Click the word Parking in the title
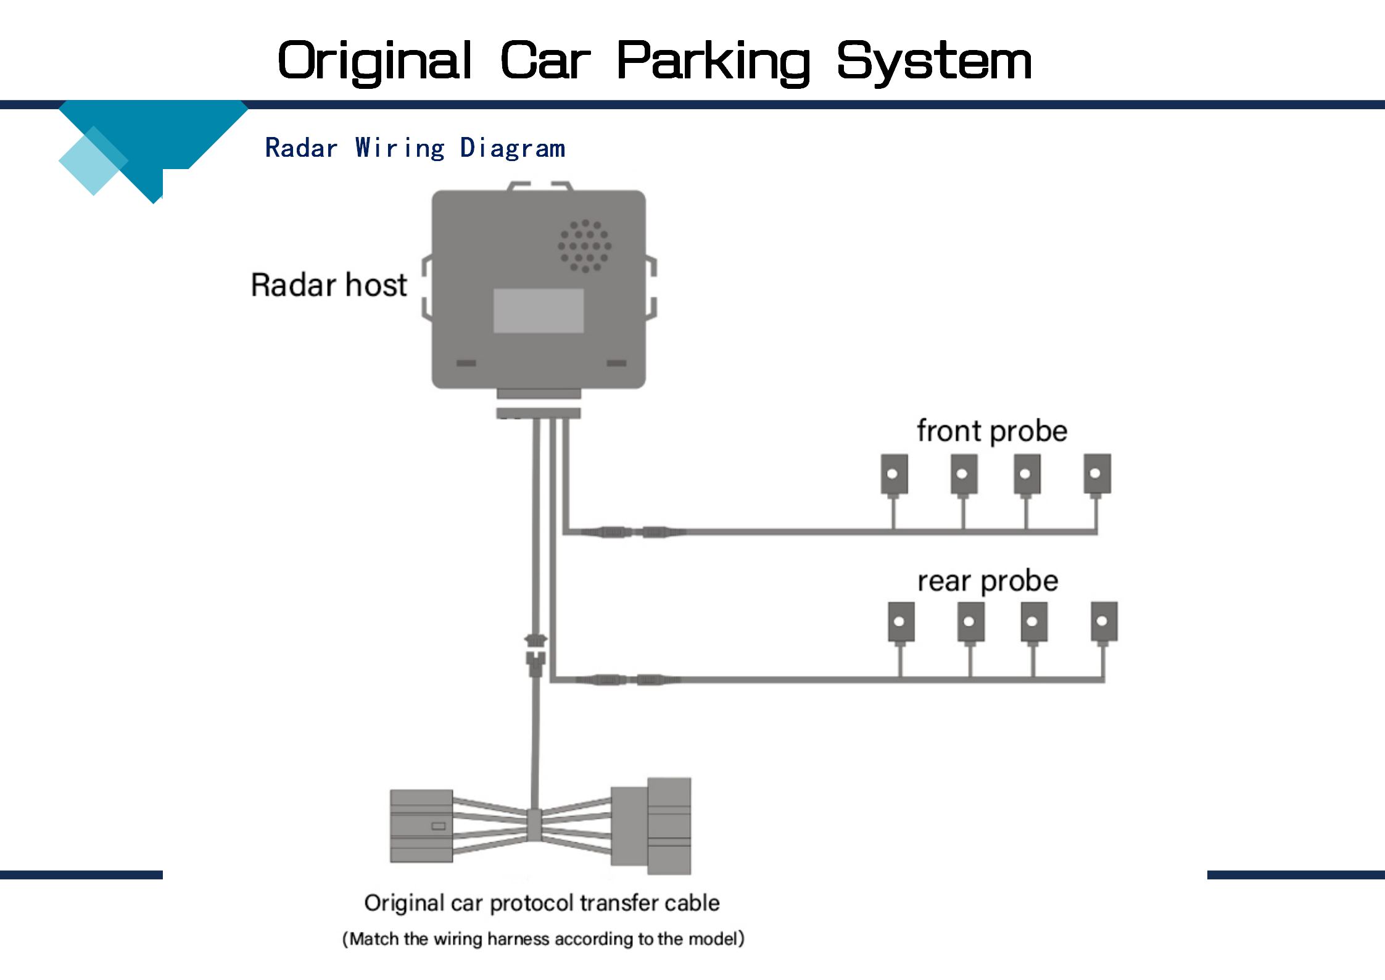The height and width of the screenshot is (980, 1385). coord(713,62)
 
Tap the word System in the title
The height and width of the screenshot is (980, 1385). coord(934,62)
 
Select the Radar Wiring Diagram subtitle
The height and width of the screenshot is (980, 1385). coord(415,149)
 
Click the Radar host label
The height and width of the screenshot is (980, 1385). coord(329,285)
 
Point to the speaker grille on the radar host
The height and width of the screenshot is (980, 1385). coord(585,246)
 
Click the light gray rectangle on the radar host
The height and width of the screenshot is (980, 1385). coord(539,310)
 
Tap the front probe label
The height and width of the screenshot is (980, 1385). coord(991,431)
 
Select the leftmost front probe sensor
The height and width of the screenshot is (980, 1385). coord(894,474)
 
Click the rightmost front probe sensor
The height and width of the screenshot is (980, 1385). coord(1097,474)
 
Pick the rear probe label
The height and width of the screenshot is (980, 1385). coord(988,581)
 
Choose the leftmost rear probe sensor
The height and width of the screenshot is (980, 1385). coord(901,622)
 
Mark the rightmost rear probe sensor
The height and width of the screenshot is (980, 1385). coord(1104,621)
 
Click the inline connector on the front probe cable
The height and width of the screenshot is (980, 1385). coord(633,531)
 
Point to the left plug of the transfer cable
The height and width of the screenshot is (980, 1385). coord(421,826)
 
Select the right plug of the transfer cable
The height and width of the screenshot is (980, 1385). coord(651,826)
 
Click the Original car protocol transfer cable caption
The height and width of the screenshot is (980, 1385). coord(542,903)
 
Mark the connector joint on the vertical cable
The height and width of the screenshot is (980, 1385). coord(535,651)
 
